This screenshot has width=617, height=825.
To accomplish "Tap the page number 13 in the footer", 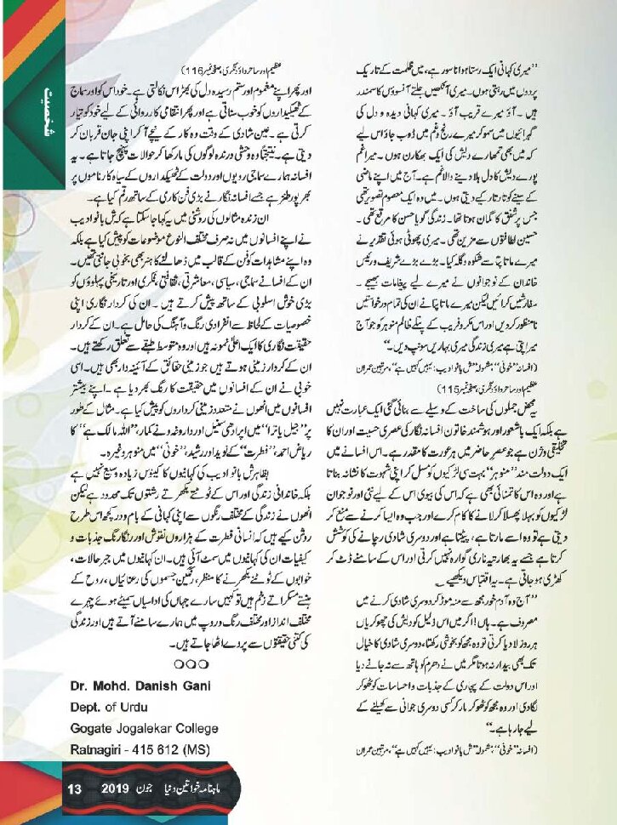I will click(x=74, y=790).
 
